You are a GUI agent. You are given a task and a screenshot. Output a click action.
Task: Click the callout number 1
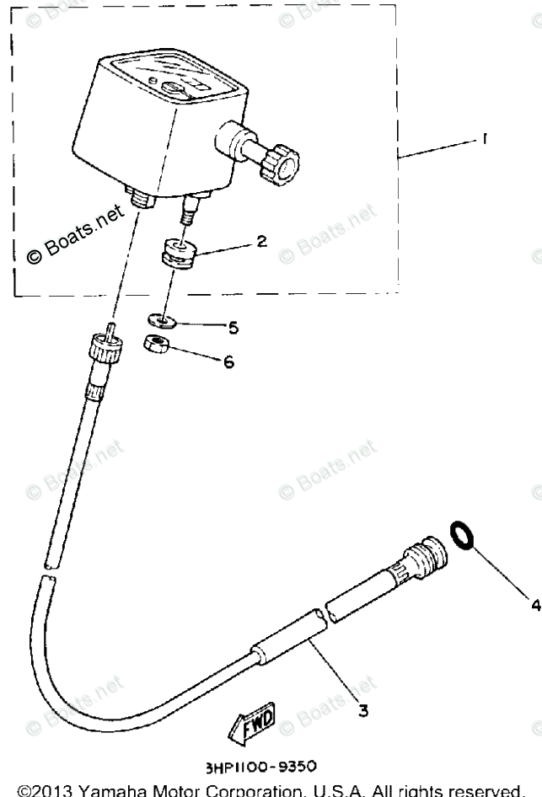485,141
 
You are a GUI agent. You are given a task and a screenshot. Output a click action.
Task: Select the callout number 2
261,242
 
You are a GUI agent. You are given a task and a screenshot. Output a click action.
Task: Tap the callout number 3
363,709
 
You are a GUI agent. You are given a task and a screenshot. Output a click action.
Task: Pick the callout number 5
234,327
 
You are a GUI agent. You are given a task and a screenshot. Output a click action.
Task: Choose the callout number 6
228,362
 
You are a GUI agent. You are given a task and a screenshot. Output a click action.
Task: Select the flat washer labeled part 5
159,320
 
